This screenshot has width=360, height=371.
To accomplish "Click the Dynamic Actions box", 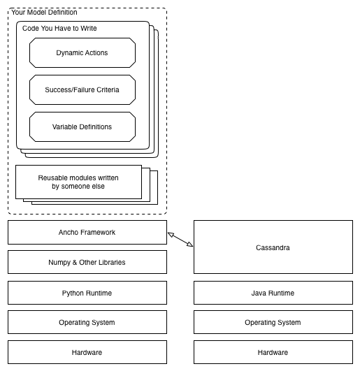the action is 82,53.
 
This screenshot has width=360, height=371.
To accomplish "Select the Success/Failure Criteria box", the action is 82,90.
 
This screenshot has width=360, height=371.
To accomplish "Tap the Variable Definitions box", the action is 82,127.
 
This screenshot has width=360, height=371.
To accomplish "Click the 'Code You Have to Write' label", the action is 59,29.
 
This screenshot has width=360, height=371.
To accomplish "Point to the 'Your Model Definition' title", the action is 44,13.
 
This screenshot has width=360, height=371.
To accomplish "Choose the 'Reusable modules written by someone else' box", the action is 78,182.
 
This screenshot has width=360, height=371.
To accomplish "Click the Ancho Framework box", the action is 87,233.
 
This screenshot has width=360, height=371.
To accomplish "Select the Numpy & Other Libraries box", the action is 87,262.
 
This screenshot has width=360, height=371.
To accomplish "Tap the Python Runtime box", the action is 87,293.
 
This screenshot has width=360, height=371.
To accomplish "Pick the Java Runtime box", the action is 273,293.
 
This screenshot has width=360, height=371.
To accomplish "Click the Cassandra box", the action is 273,247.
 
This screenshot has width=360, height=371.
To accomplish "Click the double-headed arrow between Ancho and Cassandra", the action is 180,240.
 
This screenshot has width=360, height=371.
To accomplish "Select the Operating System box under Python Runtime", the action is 87,322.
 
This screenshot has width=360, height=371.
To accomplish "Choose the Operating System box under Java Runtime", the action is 273,322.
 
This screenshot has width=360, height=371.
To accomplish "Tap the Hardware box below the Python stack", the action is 87,352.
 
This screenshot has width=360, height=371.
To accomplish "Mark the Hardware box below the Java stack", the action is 273,352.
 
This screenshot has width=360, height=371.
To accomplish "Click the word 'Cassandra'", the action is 273,248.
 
